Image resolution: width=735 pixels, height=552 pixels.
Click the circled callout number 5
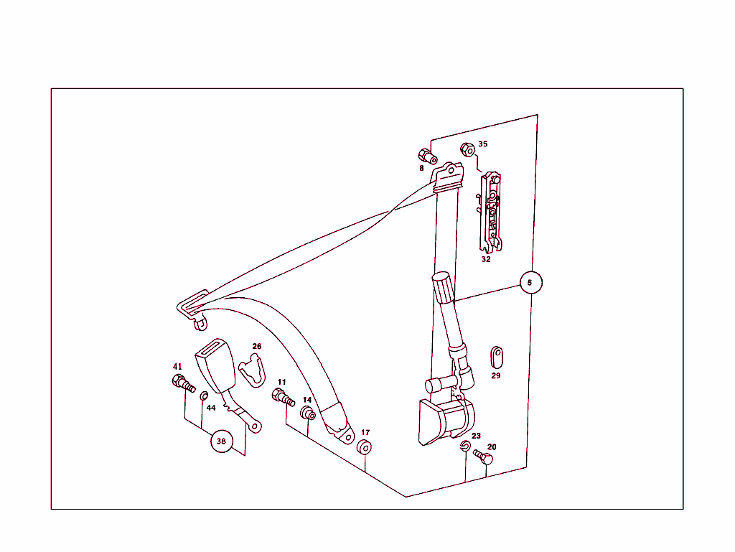530,283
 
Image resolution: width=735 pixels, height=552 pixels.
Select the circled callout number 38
222,441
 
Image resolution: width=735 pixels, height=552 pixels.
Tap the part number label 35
483,144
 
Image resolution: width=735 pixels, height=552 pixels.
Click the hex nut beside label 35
468,149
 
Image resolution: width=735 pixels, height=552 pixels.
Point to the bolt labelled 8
428,156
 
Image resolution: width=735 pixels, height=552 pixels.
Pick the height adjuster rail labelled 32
491,212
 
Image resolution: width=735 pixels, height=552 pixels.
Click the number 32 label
486,259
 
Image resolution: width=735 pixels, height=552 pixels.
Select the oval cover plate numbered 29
497,357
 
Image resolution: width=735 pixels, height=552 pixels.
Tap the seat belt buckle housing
215,365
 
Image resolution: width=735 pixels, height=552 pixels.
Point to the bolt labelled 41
183,383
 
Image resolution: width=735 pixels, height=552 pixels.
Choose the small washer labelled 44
204,396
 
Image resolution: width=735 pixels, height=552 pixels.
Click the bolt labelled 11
283,398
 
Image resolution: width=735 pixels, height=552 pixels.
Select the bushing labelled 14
308,413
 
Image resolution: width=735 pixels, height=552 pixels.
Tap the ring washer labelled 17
364,447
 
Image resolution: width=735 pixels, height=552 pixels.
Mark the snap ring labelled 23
465,446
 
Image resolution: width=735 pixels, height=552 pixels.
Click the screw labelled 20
483,457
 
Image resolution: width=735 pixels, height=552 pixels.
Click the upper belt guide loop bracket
448,177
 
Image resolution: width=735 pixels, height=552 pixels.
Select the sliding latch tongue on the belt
193,308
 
